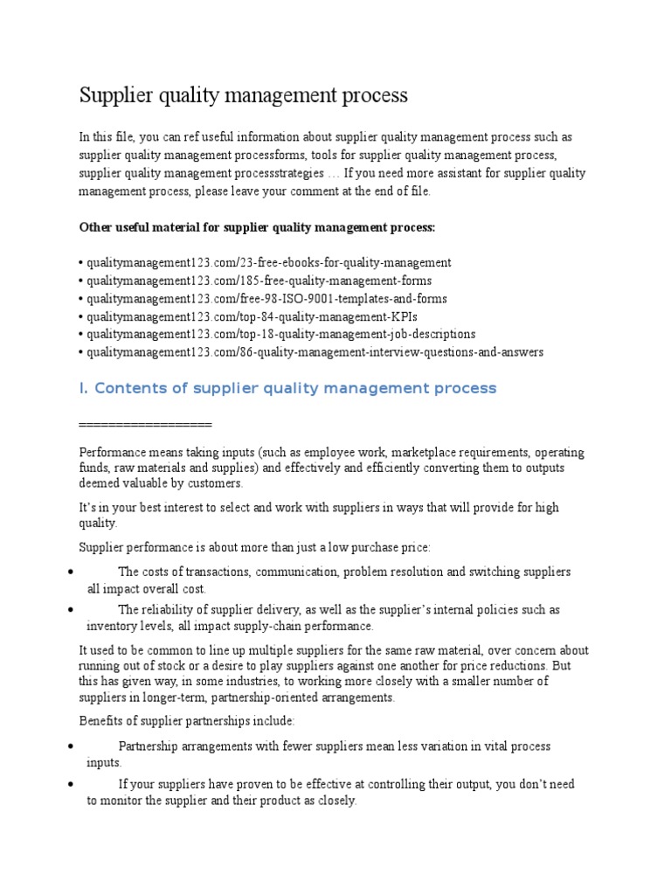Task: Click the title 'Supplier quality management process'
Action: (244, 95)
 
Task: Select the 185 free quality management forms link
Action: (257, 281)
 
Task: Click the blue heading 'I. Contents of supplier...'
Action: (287, 388)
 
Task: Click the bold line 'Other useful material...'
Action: (257, 227)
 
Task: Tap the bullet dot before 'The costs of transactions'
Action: (70, 572)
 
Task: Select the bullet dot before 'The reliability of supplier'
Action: (70, 609)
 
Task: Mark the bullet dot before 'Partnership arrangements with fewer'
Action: (70, 746)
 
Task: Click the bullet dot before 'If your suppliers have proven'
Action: (70, 784)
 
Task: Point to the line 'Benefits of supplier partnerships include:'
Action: (187, 721)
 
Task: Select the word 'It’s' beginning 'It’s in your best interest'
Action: (88, 509)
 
